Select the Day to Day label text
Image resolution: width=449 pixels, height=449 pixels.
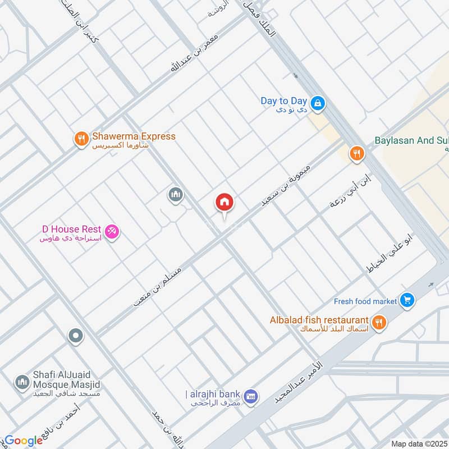pyautogui.click(x=283, y=101)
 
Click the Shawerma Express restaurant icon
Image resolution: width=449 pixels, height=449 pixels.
pyautogui.click(x=82, y=139)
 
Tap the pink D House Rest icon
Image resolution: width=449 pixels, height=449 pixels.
pyautogui.click(x=112, y=231)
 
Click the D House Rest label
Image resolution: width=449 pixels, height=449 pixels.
pyautogui.click(x=71, y=229)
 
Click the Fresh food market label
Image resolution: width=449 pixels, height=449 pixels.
pyautogui.click(x=365, y=301)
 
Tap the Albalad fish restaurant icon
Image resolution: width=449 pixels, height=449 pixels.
pyautogui.click(x=379, y=322)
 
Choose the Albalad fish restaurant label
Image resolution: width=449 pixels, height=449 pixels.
pyautogui.click(x=319, y=319)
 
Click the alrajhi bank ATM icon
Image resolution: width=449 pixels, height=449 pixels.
pyautogui.click(x=251, y=396)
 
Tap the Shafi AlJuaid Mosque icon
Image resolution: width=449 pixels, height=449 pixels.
pyautogui.click(x=22, y=382)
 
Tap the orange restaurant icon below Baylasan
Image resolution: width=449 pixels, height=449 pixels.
pyautogui.click(x=356, y=153)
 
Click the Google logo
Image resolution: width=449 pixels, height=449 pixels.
pyautogui.click(x=24, y=441)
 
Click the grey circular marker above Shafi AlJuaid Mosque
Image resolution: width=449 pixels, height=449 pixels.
pyautogui.click(x=75, y=337)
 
